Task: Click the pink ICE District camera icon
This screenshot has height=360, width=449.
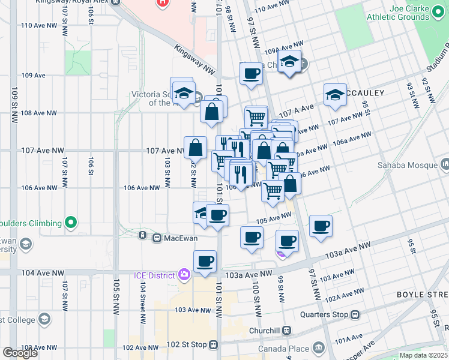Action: (x=184, y=275)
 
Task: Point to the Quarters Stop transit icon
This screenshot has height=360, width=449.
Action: (x=355, y=314)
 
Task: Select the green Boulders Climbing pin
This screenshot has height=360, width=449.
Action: (x=71, y=223)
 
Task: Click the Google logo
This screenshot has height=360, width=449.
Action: (x=20, y=352)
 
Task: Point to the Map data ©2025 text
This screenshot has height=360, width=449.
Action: (x=423, y=355)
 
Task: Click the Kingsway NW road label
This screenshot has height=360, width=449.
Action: (x=194, y=58)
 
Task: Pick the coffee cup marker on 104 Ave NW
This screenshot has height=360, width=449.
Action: (x=205, y=262)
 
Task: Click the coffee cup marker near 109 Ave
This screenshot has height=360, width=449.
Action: (x=251, y=74)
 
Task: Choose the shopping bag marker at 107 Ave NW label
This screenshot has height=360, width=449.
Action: (x=196, y=147)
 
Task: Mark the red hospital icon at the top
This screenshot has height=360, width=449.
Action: (x=161, y=3)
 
